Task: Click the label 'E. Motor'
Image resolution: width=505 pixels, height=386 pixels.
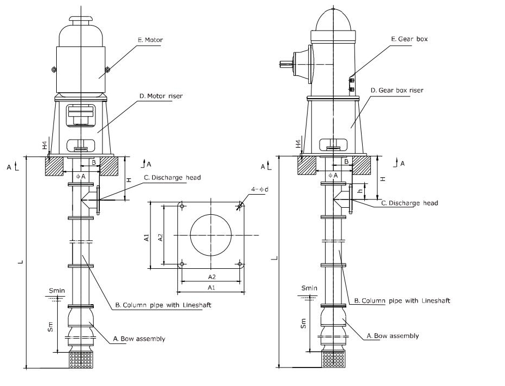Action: click(x=151, y=40)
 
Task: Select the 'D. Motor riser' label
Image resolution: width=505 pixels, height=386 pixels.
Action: click(x=160, y=96)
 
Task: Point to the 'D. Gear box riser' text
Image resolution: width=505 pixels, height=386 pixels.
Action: click(x=396, y=90)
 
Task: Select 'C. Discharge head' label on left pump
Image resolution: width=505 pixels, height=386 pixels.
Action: click(x=172, y=177)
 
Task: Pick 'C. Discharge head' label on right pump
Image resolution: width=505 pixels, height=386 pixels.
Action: click(x=409, y=203)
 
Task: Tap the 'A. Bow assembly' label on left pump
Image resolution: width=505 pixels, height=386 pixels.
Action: click(x=139, y=339)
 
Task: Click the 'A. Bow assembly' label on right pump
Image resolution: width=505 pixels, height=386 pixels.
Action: click(x=393, y=336)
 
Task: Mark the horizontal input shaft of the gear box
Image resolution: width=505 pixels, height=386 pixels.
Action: click(x=285, y=64)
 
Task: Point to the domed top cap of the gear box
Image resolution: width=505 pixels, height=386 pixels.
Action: click(x=333, y=20)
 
